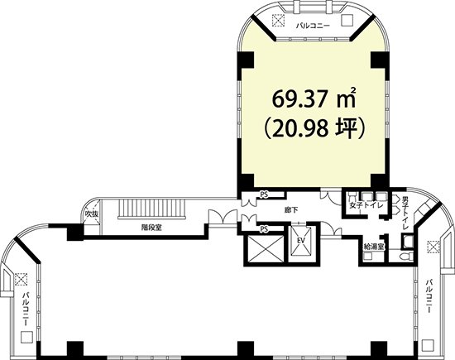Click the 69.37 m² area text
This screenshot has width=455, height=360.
point(314,98)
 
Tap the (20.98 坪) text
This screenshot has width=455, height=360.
point(314,128)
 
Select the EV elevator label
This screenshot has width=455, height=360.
point(300,241)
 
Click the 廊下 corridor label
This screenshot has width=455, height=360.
point(291,210)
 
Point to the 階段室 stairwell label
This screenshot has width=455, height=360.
point(151,228)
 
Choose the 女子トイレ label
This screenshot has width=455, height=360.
point(366,205)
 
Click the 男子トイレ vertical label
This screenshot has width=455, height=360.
point(405,214)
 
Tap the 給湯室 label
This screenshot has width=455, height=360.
point(374,247)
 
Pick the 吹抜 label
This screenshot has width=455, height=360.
point(92,214)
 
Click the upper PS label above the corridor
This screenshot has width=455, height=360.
point(263,195)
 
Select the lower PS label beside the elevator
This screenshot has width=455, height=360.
point(263,229)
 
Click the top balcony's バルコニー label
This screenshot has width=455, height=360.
point(313,26)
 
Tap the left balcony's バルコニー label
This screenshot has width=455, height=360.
point(26,310)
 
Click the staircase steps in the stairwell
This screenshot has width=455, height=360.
point(151,209)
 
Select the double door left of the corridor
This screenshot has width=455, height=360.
point(223,217)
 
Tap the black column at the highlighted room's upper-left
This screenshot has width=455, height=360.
point(246,60)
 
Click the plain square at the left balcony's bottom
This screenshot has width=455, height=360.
point(26,337)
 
